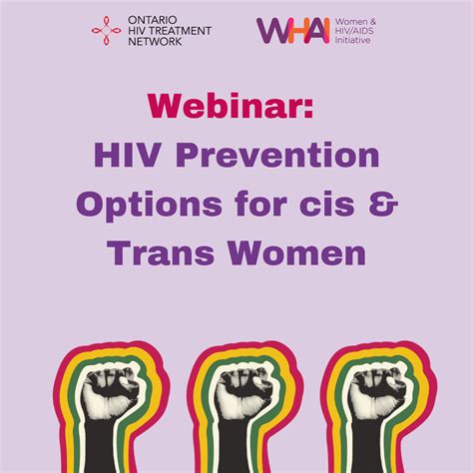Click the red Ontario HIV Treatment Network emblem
tap(106, 30)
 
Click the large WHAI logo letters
tap(290, 31)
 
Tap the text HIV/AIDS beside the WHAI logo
tap(359, 31)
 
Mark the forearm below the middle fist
tap(237, 444)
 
